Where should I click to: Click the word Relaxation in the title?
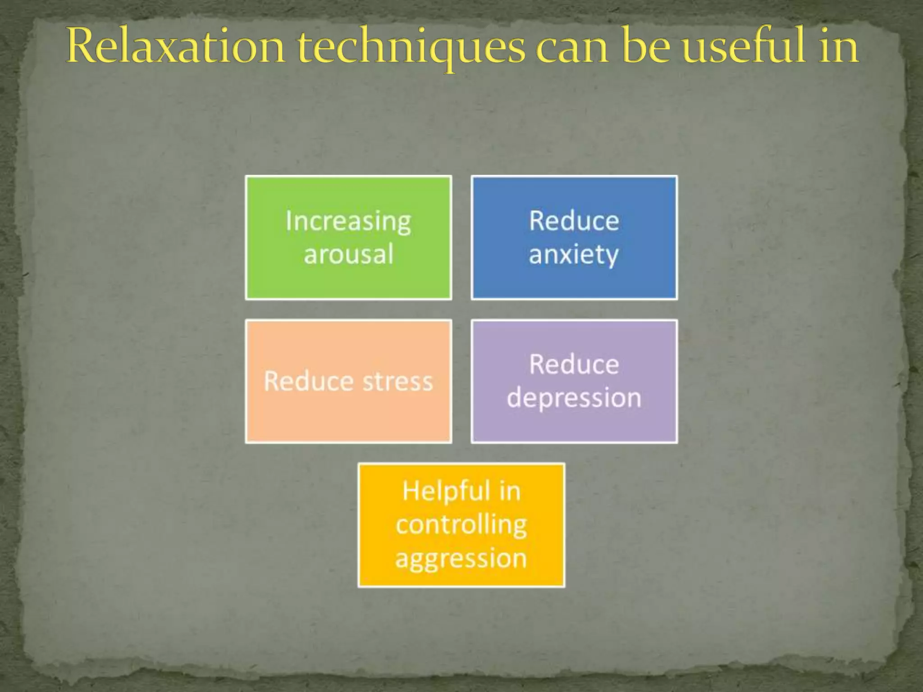176,46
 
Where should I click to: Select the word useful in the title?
744,46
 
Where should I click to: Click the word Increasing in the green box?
348,222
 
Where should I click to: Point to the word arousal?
348,254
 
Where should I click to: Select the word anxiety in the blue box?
574,255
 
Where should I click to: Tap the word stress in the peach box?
398,382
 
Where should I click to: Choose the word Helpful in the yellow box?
440,491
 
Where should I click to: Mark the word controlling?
461,525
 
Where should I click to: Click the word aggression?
461,559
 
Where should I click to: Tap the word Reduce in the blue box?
574,221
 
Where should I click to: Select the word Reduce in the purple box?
574,364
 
